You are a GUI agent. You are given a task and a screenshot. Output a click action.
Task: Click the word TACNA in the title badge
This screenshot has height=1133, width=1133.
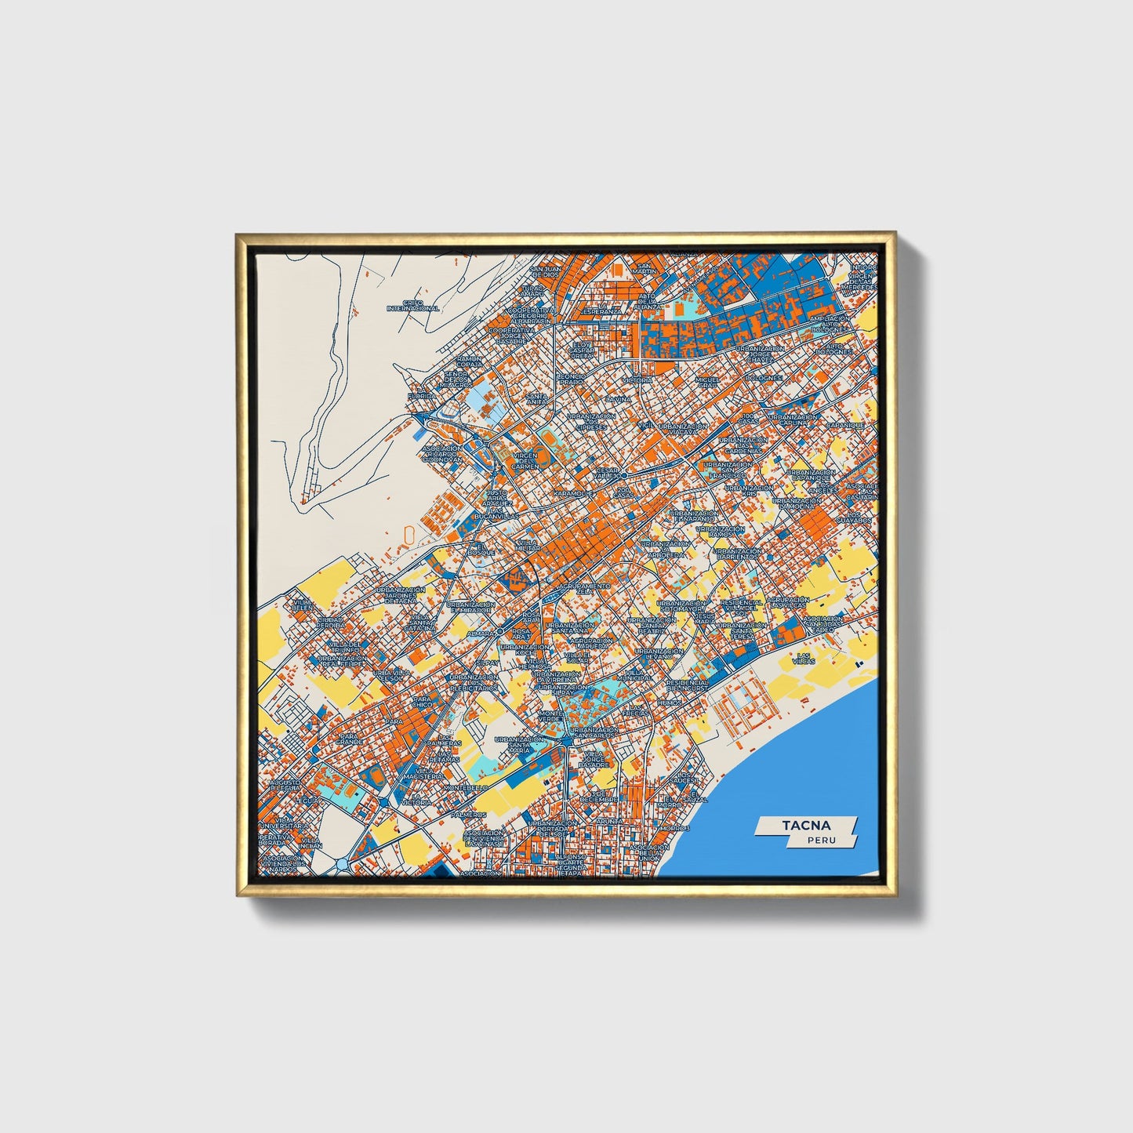(805, 825)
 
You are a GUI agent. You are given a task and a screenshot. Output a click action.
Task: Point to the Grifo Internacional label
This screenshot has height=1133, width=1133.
(412, 306)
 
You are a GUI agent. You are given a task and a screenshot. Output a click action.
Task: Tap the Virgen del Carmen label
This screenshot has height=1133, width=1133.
(525, 460)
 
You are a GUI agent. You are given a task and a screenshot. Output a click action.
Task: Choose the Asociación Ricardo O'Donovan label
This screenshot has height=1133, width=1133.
(444, 455)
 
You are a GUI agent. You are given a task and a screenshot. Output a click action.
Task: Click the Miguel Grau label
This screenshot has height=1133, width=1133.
(707, 383)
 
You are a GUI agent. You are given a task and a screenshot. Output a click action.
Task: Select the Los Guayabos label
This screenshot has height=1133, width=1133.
(854, 518)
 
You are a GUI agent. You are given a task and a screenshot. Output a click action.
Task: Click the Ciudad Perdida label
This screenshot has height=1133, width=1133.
(329, 623)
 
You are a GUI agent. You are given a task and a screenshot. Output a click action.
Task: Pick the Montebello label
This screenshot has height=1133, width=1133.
(466, 787)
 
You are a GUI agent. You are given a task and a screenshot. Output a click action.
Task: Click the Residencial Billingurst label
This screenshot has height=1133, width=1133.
(688, 685)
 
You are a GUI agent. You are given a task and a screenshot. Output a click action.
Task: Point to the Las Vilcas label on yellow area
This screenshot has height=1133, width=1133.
(804, 659)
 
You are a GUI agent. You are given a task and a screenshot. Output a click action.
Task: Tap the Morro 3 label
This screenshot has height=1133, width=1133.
(674, 828)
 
